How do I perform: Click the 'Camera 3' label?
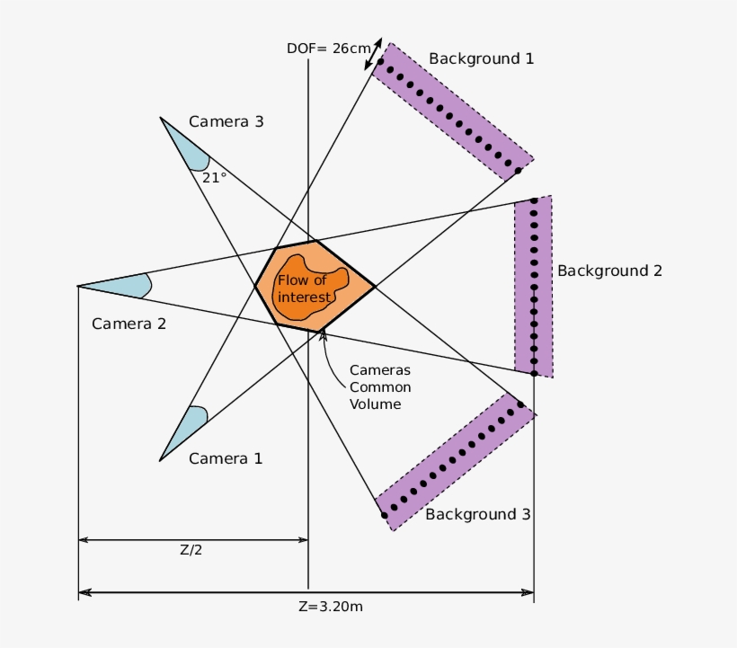click(x=226, y=121)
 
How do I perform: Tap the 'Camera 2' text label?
click(x=129, y=324)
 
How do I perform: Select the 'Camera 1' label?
click(x=226, y=458)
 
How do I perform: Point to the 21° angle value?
click(x=214, y=177)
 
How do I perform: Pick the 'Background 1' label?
click(x=481, y=59)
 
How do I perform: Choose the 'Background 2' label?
click(x=609, y=271)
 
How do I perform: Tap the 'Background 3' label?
click(x=477, y=514)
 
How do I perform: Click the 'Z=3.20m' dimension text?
click(x=331, y=606)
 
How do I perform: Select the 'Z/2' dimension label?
click(x=191, y=550)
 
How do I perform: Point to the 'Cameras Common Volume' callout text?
click(x=380, y=386)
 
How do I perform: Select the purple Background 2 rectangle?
click(x=534, y=286)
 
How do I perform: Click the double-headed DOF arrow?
click(x=372, y=54)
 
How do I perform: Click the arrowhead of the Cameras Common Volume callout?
click(x=323, y=335)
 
